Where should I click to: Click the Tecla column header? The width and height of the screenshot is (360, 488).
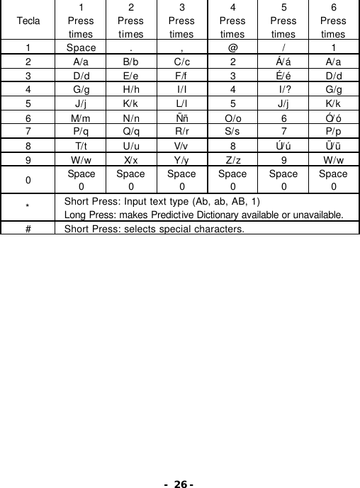pyautogui.click(x=28, y=21)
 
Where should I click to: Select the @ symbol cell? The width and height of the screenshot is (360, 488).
pyautogui.click(x=232, y=49)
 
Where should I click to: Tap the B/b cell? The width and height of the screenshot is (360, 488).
pyautogui.click(x=131, y=62)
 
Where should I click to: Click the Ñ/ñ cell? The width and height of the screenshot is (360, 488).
pyautogui.click(x=181, y=118)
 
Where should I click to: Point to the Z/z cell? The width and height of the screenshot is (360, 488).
pyautogui.click(x=232, y=159)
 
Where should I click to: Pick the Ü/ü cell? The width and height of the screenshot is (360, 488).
pyautogui.click(x=333, y=145)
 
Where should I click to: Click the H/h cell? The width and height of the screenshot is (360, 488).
pyautogui.click(x=131, y=90)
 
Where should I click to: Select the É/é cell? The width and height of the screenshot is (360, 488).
pyautogui.click(x=283, y=76)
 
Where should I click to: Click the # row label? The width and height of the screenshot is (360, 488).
pyautogui.click(x=28, y=228)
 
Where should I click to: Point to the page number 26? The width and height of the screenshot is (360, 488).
pyautogui.click(x=180, y=484)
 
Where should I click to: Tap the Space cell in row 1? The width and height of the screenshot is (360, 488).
pyautogui.click(x=81, y=49)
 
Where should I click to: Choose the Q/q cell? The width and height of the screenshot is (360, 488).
pyautogui.click(x=131, y=131)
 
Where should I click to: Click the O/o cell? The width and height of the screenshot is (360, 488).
pyautogui.click(x=232, y=118)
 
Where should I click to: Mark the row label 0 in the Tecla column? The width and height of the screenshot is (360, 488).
pyautogui.click(x=28, y=179)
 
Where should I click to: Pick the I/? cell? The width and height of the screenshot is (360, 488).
pyautogui.click(x=283, y=90)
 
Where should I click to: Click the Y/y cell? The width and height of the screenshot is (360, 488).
pyautogui.click(x=181, y=159)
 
